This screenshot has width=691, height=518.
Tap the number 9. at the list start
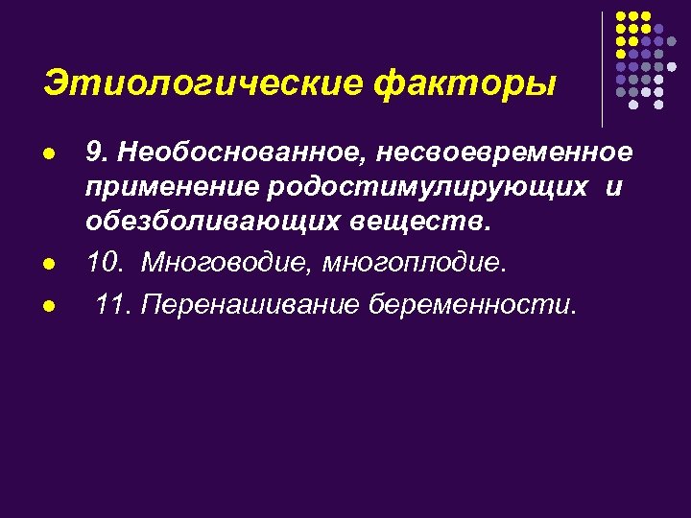point(95,153)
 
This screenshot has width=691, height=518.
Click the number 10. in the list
point(105,262)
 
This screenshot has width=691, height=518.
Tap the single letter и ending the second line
point(614,187)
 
